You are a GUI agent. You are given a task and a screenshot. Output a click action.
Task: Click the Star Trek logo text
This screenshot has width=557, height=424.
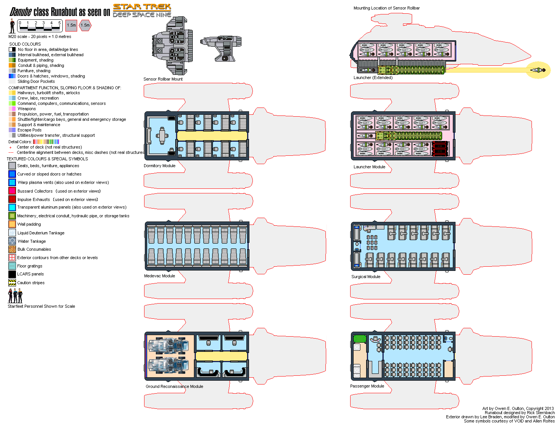click(142, 7)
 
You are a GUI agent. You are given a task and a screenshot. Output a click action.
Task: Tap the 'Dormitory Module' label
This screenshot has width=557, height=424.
click(159, 166)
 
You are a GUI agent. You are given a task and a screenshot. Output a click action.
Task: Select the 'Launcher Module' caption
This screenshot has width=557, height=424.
click(369, 167)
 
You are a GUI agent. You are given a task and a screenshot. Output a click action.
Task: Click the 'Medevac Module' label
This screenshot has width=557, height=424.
click(159, 276)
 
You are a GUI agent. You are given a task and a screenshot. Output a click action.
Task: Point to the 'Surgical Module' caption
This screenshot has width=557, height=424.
click(366, 277)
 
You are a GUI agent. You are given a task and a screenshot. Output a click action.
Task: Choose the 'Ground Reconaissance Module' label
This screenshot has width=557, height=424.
click(174, 386)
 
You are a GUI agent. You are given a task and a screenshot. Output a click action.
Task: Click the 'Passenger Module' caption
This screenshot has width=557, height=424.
click(367, 386)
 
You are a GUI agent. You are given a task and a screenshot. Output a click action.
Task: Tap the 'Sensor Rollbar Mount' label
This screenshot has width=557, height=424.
click(163, 79)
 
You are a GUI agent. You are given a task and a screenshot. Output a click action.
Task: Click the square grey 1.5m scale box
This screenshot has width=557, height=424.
click(71, 25)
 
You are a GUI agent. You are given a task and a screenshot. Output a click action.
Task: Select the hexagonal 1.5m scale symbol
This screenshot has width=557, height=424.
click(85, 25)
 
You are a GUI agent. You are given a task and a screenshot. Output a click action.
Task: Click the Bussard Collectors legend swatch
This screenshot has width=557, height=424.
click(12, 191)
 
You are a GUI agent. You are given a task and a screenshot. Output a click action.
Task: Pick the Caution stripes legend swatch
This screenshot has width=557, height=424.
click(12, 283)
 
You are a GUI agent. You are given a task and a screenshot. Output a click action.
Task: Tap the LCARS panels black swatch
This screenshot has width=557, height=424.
click(12, 274)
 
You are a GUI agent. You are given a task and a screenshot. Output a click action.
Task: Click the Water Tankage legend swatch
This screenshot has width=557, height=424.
click(12, 241)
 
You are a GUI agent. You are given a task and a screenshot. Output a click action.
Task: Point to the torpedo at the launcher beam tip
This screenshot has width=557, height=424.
click(538, 70)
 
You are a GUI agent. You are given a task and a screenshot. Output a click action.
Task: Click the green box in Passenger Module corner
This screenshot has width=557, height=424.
click(359, 339)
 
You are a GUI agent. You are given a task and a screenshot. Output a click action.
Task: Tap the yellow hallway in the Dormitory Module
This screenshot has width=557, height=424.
click(212, 136)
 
